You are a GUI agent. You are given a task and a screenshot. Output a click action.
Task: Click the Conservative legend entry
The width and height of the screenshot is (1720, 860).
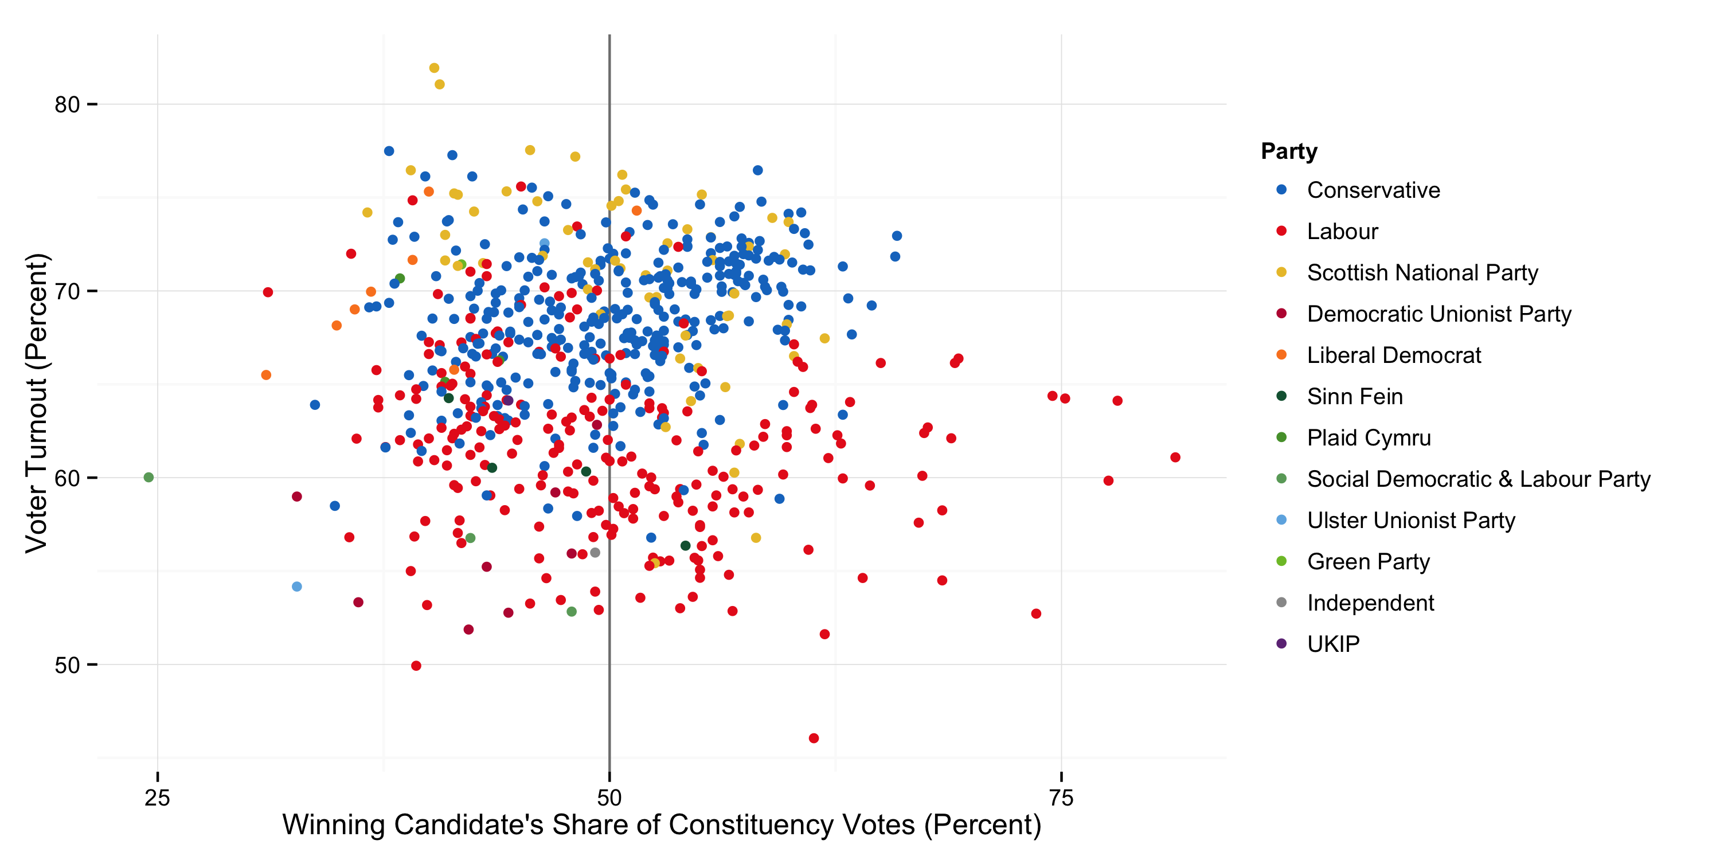(1373, 190)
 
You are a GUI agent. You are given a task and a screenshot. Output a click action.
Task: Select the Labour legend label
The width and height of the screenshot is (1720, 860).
(1342, 232)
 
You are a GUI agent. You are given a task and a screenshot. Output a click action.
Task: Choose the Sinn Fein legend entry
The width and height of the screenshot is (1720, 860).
(1354, 397)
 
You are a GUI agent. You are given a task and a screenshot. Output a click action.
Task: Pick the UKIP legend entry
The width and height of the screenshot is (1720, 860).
(1333, 644)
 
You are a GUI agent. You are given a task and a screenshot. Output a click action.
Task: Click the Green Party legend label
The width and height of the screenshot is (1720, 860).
(1368, 562)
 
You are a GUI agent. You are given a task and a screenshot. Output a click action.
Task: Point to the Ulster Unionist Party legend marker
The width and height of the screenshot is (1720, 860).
(1281, 520)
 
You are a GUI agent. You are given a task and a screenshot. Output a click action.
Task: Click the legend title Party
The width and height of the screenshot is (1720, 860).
(1289, 151)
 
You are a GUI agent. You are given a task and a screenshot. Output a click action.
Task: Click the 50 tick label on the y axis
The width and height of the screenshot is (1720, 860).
(67, 666)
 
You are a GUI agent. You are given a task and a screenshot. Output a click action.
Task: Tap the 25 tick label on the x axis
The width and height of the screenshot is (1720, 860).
(158, 798)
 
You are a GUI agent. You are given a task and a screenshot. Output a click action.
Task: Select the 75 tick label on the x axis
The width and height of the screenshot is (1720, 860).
(1061, 798)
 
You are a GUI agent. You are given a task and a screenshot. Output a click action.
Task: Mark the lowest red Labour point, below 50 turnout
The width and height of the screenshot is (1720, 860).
(813, 738)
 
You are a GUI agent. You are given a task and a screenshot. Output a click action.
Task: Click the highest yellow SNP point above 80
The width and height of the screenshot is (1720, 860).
(434, 68)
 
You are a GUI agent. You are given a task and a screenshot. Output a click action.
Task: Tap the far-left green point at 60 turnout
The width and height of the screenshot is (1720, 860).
(149, 478)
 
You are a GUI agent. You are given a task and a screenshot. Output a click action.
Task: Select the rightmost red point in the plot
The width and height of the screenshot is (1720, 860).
(1175, 458)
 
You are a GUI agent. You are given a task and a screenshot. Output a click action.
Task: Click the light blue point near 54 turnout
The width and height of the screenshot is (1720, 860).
(297, 587)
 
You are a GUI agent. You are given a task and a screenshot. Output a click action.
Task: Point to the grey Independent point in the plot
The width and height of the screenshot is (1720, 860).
(595, 553)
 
